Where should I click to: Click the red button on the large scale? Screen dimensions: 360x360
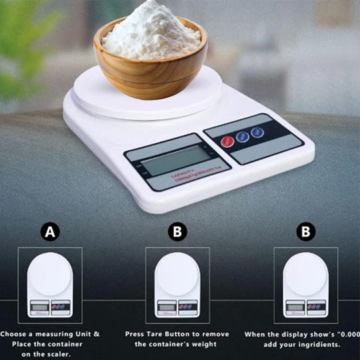(x=227, y=141)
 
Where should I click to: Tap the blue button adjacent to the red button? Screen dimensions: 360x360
(x=243, y=136)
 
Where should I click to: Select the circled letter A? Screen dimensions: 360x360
(x=49, y=232)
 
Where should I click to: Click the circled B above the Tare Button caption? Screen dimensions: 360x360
(x=177, y=232)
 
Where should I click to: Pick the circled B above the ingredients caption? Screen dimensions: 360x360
(x=305, y=232)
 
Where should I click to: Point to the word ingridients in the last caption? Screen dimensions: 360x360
(x=317, y=344)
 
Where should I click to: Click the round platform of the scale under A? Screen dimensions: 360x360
(x=50, y=274)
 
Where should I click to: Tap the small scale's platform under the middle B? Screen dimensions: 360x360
(x=177, y=274)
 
